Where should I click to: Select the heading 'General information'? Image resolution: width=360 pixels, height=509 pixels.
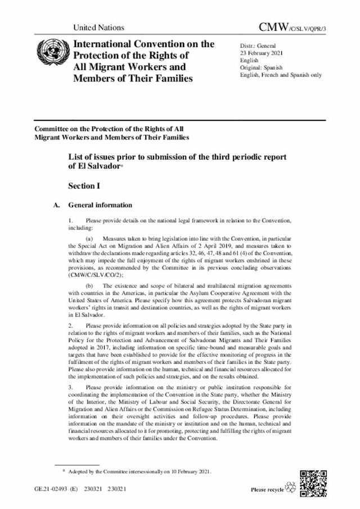(100, 205)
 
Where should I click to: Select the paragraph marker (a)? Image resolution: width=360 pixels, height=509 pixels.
(89, 238)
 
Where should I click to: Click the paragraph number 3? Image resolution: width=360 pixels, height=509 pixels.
(70, 388)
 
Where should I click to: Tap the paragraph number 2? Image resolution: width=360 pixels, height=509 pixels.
(70, 326)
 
